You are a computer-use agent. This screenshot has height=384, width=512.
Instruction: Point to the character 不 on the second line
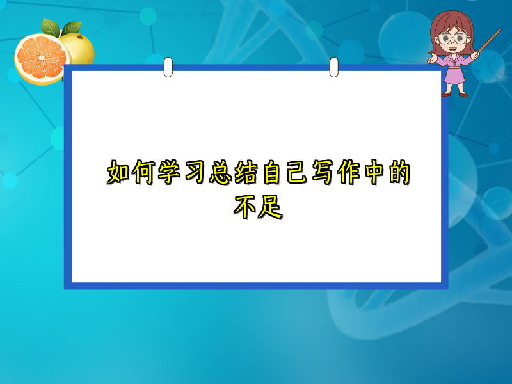point(245,206)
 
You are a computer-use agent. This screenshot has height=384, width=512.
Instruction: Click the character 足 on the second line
point(271,206)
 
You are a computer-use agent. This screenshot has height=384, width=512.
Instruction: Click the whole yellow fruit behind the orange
point(80,48)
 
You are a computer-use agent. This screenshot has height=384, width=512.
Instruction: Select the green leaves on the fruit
point(59,27)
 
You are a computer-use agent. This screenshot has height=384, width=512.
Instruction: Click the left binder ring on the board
point(168,67)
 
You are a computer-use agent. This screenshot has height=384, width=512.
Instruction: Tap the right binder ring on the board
point(333,67)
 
